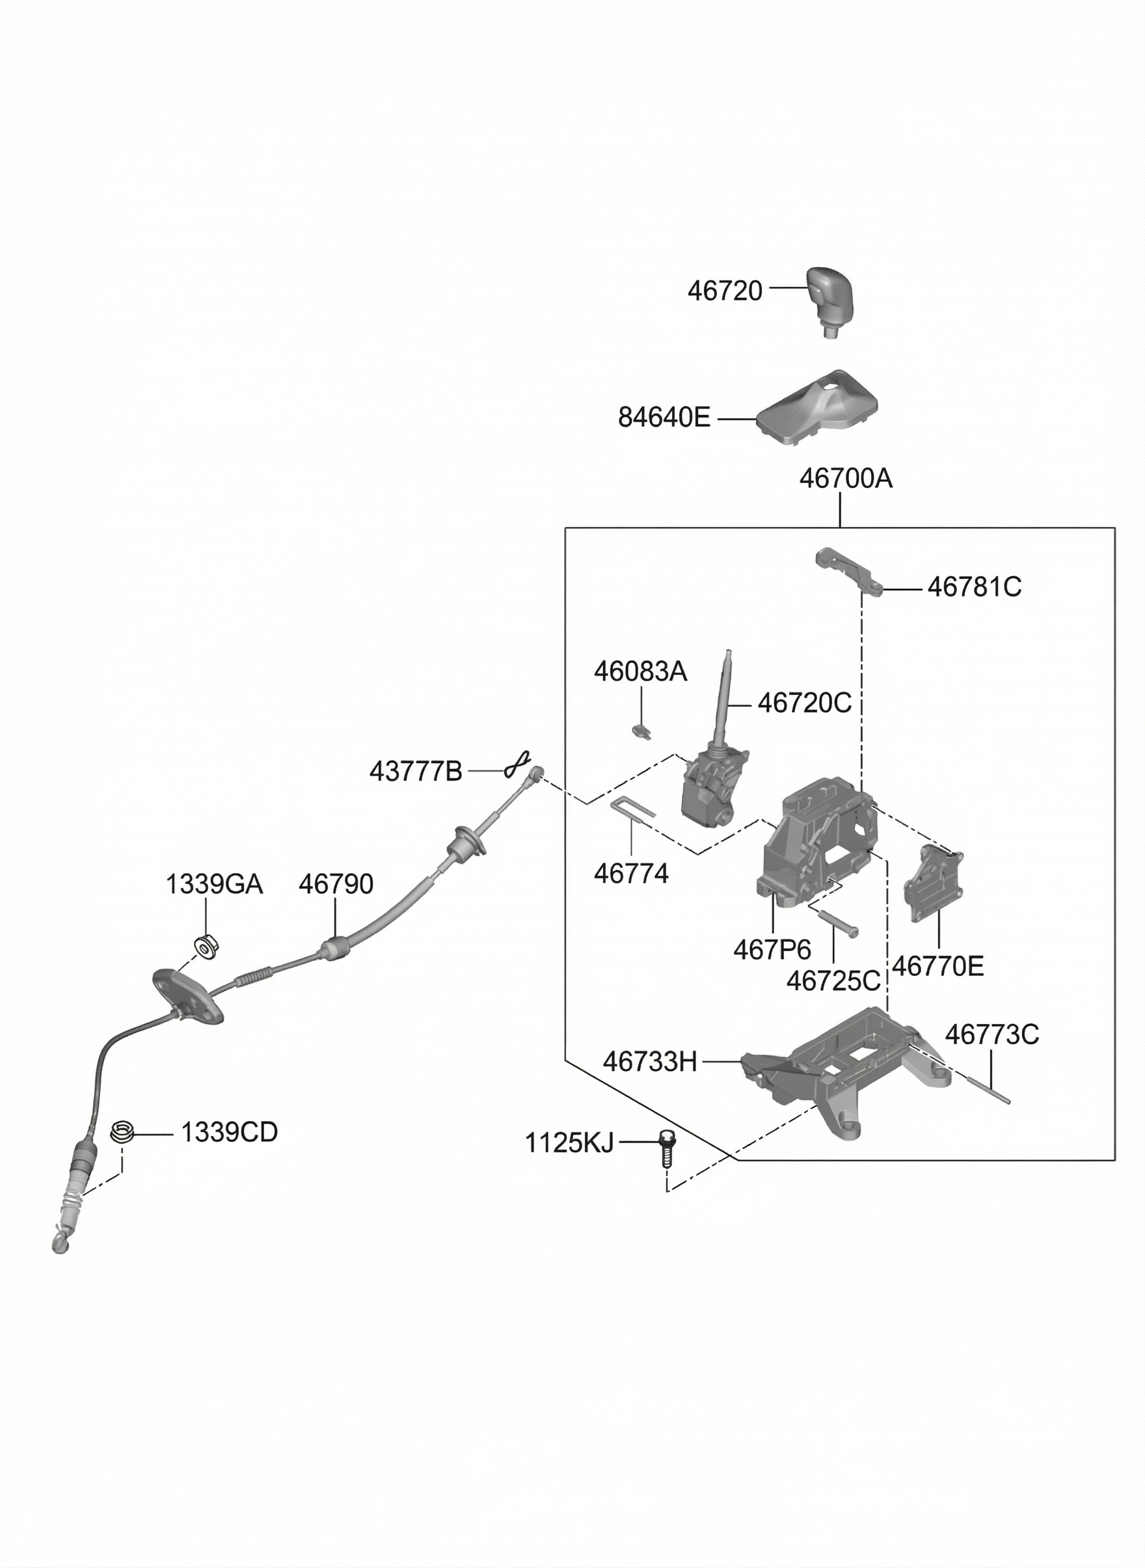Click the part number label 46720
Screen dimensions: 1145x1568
[724, 291]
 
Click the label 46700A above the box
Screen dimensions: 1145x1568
[846, 478]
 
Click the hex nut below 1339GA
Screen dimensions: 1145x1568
[204, 945]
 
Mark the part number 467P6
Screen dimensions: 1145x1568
[772, 949]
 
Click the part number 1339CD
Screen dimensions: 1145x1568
[230, 1132]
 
